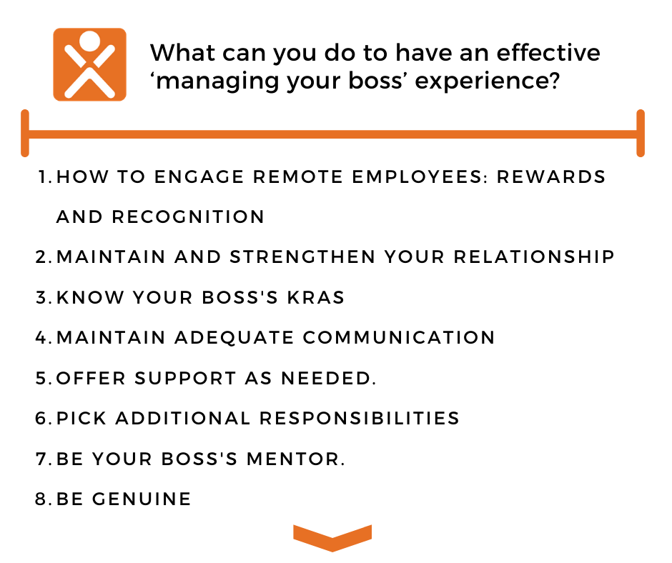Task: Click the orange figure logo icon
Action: click(x=89, y=65)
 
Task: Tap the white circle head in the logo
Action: click(x=89, y=41)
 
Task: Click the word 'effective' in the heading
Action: click(x=548, y=53)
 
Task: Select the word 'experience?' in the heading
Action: click(x=488, y=81)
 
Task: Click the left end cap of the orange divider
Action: click(x=25, y=134)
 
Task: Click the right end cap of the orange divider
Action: click(x=641, y=134)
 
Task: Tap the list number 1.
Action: click(x=45, y=176)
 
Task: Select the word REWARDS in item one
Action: click(x=550, y=176)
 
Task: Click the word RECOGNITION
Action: click(x=188, y=216)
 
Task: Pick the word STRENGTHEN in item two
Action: click(x=302, y=257)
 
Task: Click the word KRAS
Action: click(x=315, y=297)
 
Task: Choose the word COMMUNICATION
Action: click(x=399, y=338)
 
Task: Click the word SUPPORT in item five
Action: click(x=185, y=379)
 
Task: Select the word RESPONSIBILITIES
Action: click(x=359, y=418)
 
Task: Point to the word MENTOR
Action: click(x=295, y=459)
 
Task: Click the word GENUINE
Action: click(x=142, y=499)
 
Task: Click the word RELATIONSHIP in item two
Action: click(x=534, y=257)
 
